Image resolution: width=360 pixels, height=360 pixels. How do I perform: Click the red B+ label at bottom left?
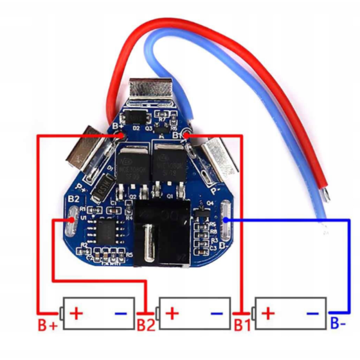47,326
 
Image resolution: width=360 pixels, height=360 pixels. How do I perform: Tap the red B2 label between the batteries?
146,326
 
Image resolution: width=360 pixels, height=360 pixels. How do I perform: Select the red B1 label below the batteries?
242,326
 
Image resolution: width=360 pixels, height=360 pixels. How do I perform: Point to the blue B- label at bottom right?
337,325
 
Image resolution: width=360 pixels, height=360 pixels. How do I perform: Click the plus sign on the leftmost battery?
76,313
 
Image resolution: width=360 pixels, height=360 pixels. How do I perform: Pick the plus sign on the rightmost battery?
268,313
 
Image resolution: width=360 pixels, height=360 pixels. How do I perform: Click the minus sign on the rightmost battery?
313,313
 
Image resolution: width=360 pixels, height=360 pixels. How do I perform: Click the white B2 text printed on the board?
74,198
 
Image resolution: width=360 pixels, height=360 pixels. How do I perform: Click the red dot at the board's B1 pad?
187,137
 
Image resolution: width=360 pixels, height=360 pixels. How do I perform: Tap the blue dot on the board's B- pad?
226,220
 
